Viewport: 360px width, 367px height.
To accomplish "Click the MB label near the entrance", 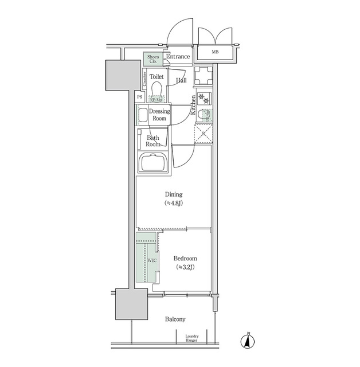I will click(x=215, y=52).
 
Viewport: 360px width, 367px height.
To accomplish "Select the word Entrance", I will click(x=178, y=57).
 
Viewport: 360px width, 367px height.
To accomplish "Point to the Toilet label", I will click(x=156, y=76).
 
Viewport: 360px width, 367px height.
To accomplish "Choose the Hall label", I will click(x=181, y=80).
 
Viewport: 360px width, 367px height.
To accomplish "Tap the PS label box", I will click(x=139, y=97).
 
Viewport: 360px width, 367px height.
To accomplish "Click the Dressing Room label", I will click(x=159, y=115).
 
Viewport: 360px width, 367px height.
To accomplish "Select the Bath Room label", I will click(x=152, y=141).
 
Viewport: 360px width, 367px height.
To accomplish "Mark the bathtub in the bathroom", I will click(x=154, y=164).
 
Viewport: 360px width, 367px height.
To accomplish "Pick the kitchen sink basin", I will click(x=205, y=114).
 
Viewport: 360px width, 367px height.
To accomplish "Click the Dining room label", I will click(x=173, y=194).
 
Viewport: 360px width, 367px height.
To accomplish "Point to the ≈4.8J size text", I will click(x=173, y=203).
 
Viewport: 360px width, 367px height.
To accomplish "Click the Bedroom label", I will click(x=186, y=259).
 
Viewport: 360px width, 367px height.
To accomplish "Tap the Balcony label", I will click(x=175, y=319).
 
